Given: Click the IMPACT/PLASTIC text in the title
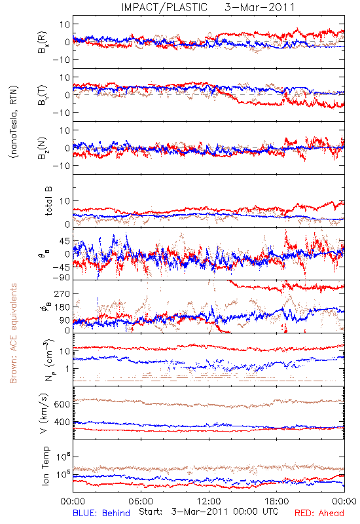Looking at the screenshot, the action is pos(164,7).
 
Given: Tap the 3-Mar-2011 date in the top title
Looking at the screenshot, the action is pos(260,7).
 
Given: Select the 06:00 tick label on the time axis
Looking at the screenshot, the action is pos(141,501).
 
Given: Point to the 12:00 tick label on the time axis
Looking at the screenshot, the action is pos(209,501).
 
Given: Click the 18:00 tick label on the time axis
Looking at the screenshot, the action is pos(277,501).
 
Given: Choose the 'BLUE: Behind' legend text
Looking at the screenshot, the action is pos(101,513).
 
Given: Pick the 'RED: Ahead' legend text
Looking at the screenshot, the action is pos(319,513).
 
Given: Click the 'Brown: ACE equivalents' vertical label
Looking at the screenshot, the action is pos(13,333).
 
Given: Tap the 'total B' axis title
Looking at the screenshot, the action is pos(48,201).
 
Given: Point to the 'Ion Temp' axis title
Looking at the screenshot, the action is pos(45,466).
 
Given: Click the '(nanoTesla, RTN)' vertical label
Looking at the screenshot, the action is pos(14,122).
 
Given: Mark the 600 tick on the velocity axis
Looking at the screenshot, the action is pos(62,404).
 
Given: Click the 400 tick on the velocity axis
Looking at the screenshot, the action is pos(62,422).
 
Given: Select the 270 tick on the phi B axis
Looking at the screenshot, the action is pos(62,293).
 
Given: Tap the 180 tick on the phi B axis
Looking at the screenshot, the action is pos(62,307).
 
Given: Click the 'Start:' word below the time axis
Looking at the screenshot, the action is pos(151,512).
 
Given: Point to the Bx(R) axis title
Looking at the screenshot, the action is pos(43,42).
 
